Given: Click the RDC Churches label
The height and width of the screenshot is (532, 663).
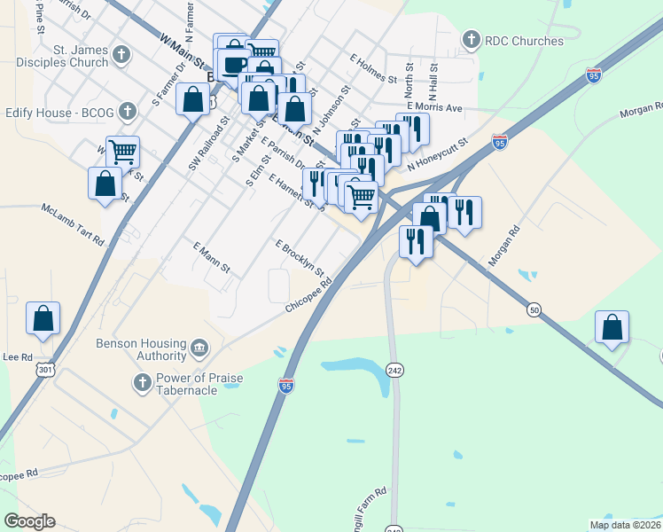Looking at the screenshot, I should click(524, 41).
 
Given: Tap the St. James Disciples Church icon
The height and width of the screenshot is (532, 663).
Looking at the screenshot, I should click(121, 56).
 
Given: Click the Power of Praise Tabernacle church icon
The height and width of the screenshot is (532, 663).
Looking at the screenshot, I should click(141, 382).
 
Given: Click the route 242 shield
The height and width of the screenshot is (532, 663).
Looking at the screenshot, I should click(395, 370).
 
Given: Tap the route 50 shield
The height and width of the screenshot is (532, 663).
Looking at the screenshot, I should click(533, 309).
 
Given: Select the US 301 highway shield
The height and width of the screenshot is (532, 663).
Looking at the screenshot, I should click(42, 367).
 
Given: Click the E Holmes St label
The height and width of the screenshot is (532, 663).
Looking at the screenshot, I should click(372, 67).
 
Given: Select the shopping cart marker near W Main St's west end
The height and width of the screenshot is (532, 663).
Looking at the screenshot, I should click(122, 153).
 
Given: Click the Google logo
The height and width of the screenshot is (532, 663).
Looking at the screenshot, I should click(29, 521).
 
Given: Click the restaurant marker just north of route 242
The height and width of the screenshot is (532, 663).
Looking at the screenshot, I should click(416, 241).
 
